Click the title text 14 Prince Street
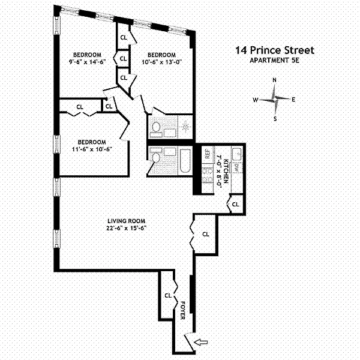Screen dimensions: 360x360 [275, 50]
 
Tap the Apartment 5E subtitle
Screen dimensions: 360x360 [274, 61]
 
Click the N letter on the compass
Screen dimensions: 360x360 [274, 80]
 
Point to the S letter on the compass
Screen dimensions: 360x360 [275, 119]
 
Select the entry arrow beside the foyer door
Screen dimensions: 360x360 [201, 343]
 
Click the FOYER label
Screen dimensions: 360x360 [183, 310]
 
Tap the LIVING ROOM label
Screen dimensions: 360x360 [126, 221]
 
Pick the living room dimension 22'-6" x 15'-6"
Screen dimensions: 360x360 [126, 229]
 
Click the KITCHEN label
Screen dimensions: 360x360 [226, 171]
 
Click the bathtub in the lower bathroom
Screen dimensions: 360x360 [185, 161]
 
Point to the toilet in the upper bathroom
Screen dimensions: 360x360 [157, 127]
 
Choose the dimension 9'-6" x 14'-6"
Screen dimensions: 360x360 [87, 62]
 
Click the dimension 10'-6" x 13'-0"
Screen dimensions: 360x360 [161, 62]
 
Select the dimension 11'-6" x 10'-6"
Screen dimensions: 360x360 [92, 149]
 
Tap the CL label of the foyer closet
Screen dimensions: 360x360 [168, 296]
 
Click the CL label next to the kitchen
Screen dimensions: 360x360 [236, 205]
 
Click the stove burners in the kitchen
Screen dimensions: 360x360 [208, 175]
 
